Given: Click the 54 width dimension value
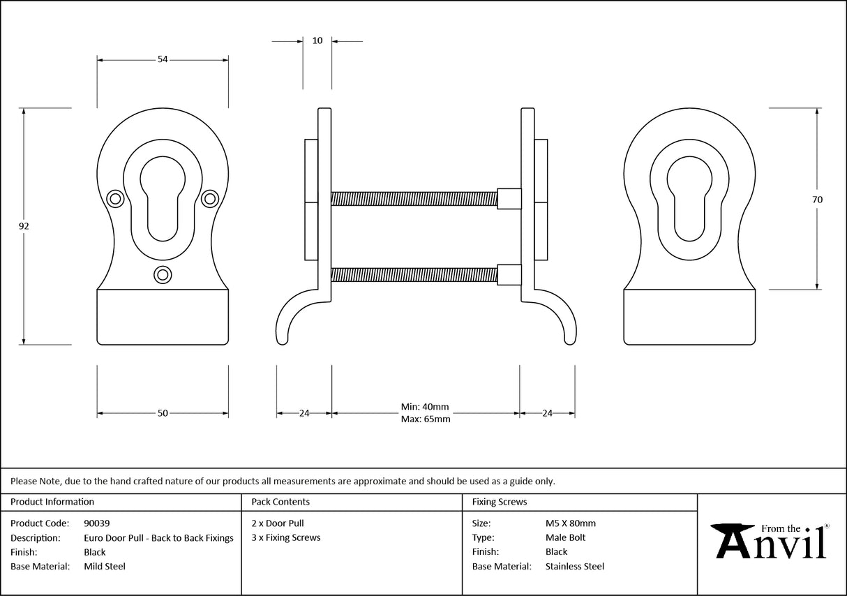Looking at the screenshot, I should (x=163, y=60).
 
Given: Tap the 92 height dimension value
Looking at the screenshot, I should (x=24, y=226).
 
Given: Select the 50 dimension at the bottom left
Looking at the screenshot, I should (x=163, y=413).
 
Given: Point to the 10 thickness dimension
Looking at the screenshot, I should (x=317, y=41).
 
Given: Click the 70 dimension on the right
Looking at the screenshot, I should (x=817, y=200).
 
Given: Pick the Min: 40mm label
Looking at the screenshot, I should (x=425, y=407).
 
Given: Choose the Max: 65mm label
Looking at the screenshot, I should (x=425, y=419).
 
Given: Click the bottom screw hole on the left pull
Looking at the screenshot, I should (x=163, y=275).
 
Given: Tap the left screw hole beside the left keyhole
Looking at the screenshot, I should (x=115, y=199).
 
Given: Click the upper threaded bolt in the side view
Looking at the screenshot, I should (x=414, y=199).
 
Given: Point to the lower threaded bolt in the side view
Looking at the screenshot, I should (x=414, y=276).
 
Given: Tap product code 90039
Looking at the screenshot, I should (x=96, y=523).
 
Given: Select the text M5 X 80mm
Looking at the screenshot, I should (x=570, y=523).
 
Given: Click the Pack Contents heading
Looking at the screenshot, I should (x=280, y=502).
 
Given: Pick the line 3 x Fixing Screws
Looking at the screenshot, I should (x=286, y=538).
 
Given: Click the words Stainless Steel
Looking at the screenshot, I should (x=574, y=567).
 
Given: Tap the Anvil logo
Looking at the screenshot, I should (x=770, y=541).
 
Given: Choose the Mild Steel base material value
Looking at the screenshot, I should (x=105, y=567).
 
